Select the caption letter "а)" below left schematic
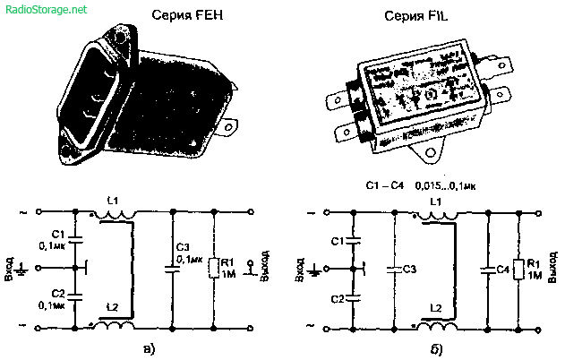[146, 347]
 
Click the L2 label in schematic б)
[435, 308]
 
